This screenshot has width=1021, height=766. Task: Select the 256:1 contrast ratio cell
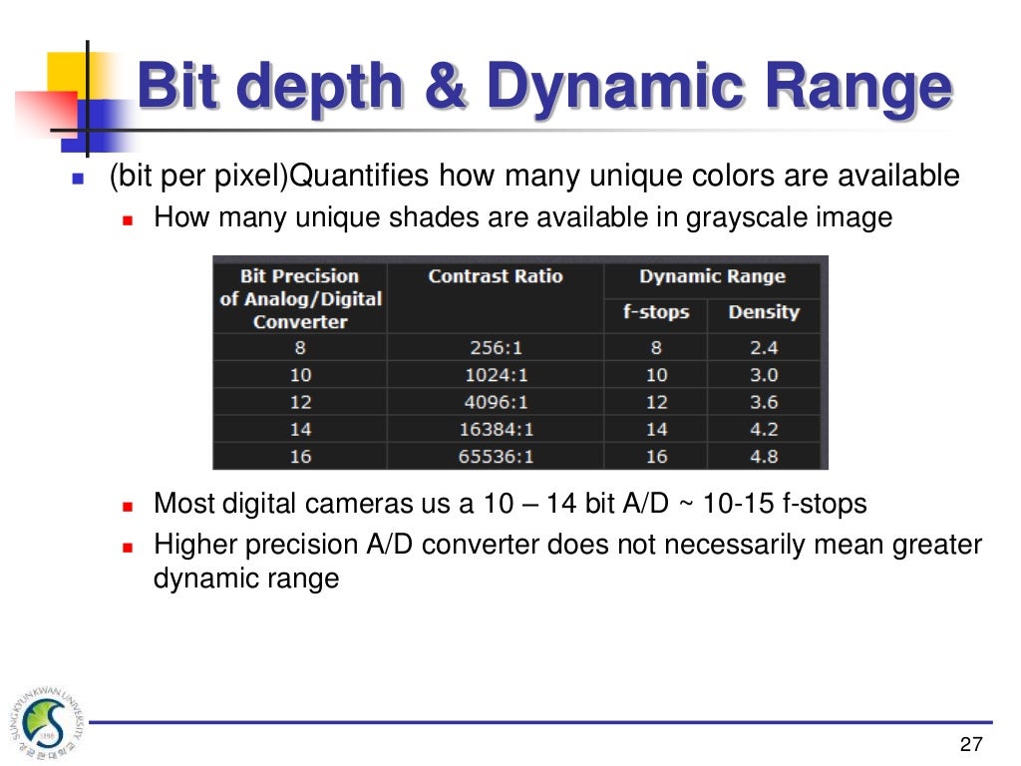(495, 348)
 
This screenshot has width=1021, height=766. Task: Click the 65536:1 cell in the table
(495, 457)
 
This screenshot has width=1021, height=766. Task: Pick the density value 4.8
(764, 457)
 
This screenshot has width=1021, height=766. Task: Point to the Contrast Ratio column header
(495, 277)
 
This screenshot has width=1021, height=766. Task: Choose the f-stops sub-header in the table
(656, 312)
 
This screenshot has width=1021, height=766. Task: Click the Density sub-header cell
(764, 312)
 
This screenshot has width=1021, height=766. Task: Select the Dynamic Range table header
(712, 277)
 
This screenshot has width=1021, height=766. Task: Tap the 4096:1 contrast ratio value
(495, 403)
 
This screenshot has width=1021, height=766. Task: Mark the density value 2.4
(764, 348)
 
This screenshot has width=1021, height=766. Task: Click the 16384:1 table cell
(495, 430)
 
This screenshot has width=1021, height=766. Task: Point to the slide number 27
(970, 744)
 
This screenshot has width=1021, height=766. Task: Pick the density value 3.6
(764, 403)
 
